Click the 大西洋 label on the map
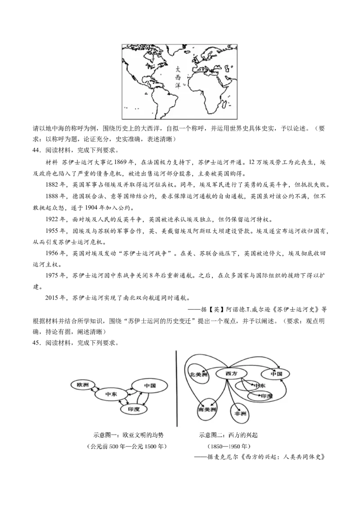coord(178,78)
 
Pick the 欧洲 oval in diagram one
coord(83,384)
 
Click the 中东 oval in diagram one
coord(111,394)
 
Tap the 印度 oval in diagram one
coord(133,409)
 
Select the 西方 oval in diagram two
coord(231,373)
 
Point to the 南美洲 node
coord(207,410)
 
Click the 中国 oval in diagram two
coord(276,374)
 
